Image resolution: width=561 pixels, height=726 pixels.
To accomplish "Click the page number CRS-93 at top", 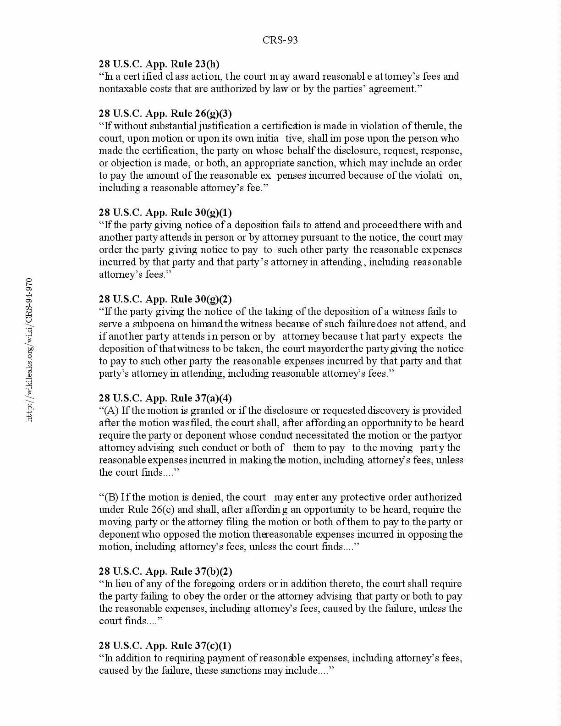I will tap(280, 40).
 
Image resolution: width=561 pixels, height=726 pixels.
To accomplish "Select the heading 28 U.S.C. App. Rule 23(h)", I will tap(159, 64).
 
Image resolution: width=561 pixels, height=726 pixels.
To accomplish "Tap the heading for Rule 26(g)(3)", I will tap(165, 114).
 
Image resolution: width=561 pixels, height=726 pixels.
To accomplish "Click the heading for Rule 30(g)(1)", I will tap(165, 213).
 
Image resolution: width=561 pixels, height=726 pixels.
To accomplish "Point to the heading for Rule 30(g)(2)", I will tap(165, 299).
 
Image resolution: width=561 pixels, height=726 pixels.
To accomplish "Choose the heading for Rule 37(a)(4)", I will tap(165, 398).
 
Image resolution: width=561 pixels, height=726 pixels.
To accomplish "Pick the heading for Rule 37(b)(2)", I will tap(165, 572).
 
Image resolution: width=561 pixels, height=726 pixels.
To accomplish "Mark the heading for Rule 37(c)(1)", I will tap(165, 646).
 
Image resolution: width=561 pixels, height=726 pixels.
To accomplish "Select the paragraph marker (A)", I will tap(112, 411).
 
